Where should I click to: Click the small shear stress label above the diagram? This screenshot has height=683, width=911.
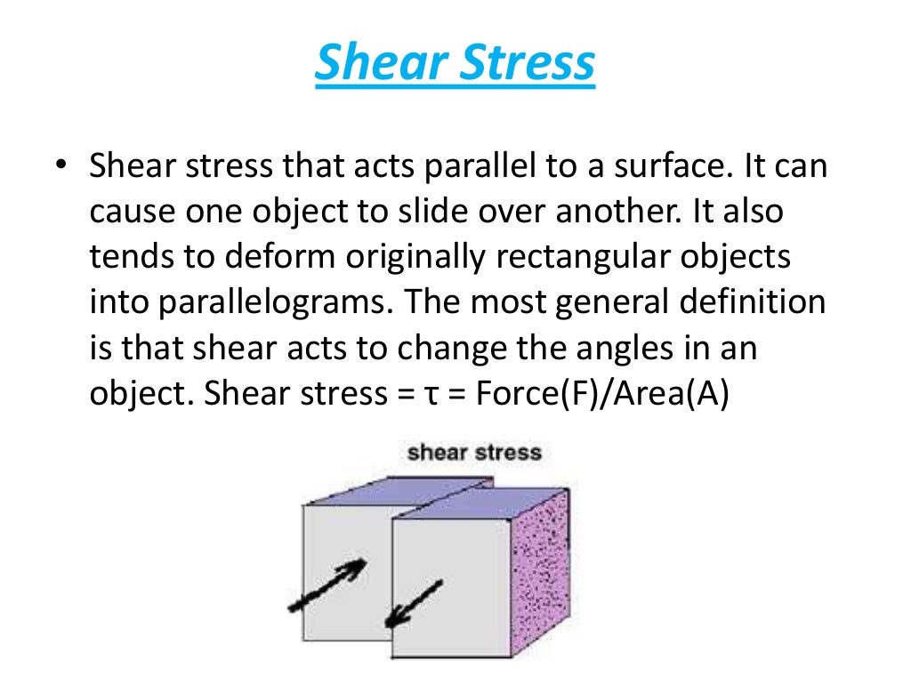[x=474, y=453]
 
